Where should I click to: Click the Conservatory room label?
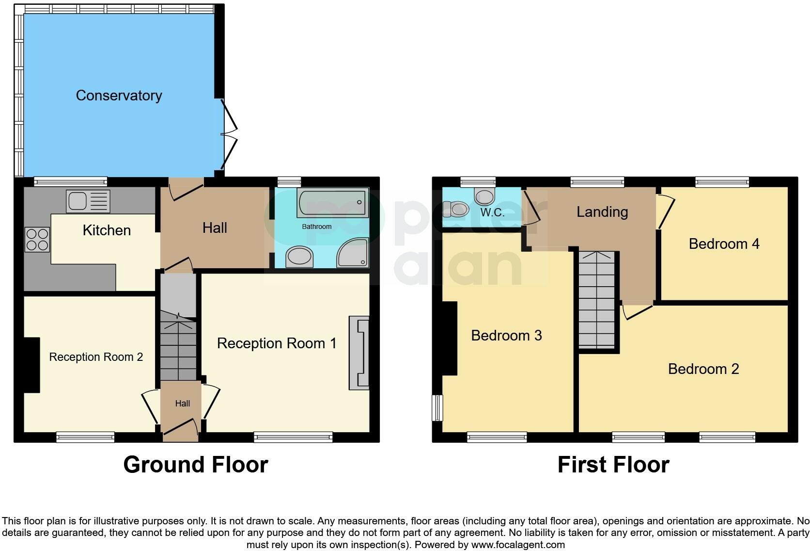tap(119, 96)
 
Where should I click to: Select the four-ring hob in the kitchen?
tap(37, 240)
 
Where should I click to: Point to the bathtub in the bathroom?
tap(332, 203)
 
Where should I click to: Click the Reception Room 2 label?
tap(96, 357)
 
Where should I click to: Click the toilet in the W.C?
tap(456, 210)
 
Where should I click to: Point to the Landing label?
tap(602, 212)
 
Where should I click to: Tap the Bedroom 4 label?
tap(724, 243)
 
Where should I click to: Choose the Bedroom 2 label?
tap(703, 369)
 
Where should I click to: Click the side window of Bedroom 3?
tap(437, 407)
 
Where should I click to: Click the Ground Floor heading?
tap(195, 464)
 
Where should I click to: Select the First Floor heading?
tap(613, 464)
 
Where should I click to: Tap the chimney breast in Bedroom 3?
tap(450, 338)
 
